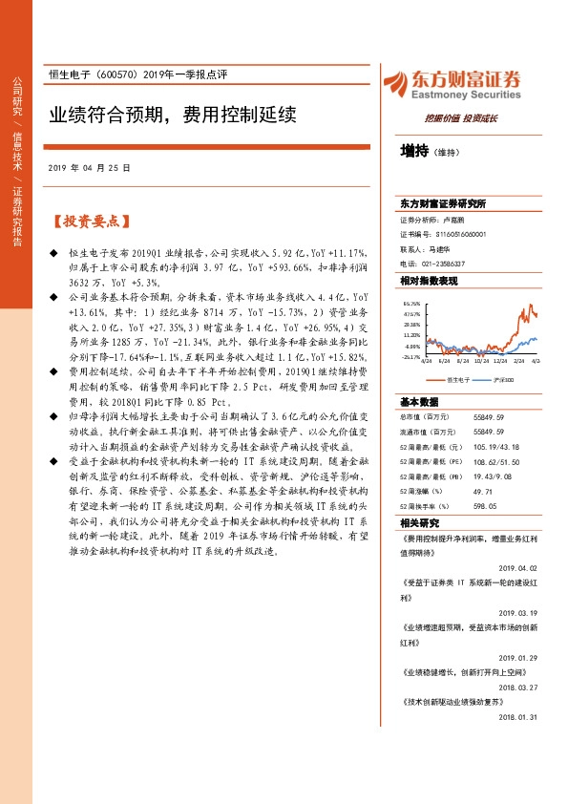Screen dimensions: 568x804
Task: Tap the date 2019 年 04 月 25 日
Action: pyautogui.click(x=89, y=167)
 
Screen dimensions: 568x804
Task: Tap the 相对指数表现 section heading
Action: pyautogui.click(x=429, y=281)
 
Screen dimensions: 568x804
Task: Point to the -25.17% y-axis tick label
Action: pyautogui.click(x=411, y=357)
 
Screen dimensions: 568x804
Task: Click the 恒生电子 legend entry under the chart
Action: pyautogui.click(x=452, y=380)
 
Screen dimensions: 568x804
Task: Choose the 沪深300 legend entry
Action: pyautogui.click(x=503, y=380)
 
